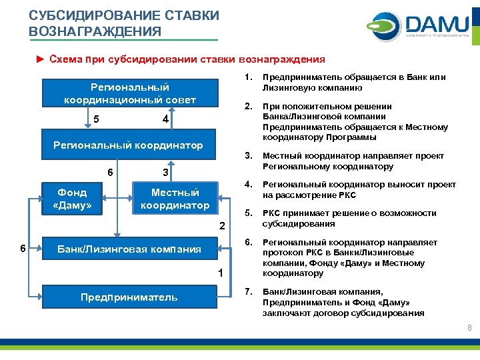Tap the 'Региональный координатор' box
coord(128,145)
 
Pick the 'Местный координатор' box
coord(175,199)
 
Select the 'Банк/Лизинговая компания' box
coord(129,249)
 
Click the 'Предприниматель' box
coord(129,297)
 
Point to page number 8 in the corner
coord(469,328)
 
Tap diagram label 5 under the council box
coord(97,119)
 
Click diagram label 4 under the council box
coord(165,119)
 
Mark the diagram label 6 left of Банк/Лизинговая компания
coord(23,249)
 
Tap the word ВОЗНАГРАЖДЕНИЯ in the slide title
coord(95,31)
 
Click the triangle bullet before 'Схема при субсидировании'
coord(40,59)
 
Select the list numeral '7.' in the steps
coord(248,292)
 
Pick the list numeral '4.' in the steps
coord(248,185)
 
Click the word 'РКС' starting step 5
coord(273,213)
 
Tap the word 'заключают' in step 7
coord(286,313)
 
